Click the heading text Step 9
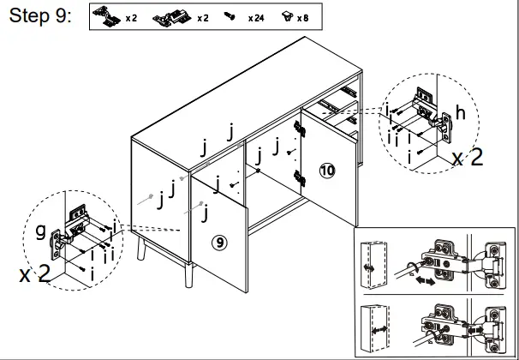click(38, 17)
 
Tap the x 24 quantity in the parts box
click(255, 18)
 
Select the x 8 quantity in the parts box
click(303, 18)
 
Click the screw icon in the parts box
click(229, 17)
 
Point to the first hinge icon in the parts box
click(108, 16)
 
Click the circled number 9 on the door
click(220, 243)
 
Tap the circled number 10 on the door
click(327, 170)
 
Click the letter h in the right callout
click(461, 111)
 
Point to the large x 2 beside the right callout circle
click(469, 157)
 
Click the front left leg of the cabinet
click(139, 249)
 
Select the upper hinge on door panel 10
click(300, 127)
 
